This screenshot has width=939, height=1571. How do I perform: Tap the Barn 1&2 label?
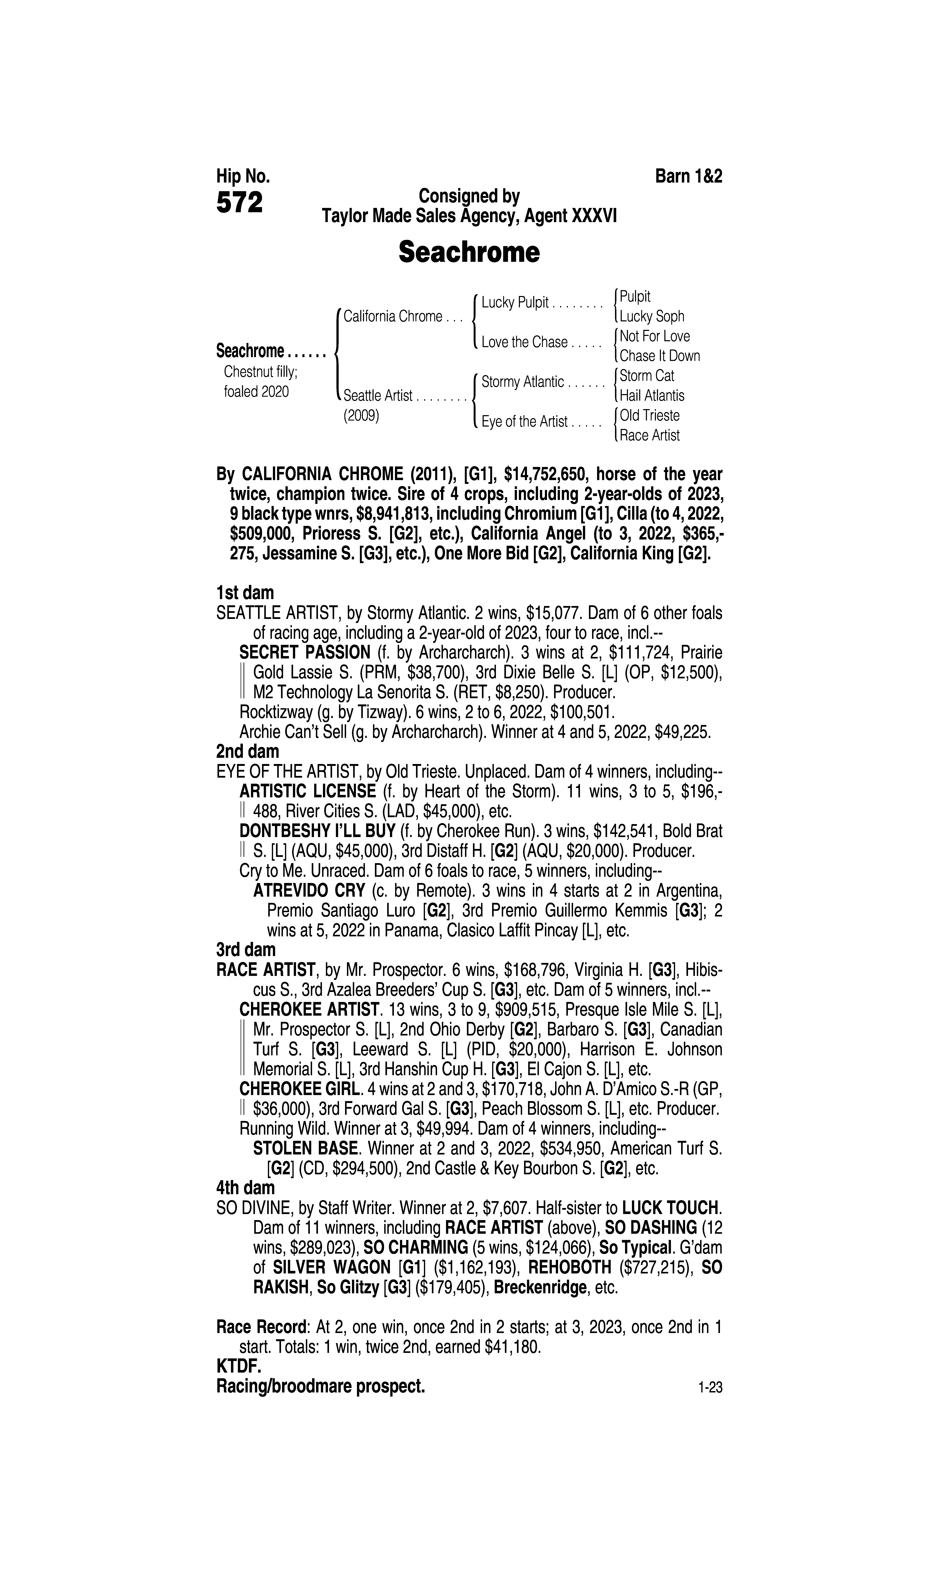click(x=688, y=176)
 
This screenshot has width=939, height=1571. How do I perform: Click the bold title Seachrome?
click(x=469, y=252)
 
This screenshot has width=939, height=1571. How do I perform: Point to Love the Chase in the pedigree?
click(x=525, y=342)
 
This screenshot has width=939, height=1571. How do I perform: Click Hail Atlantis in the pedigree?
click(x=652, y=396)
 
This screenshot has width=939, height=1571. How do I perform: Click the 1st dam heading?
click(x=245, y=593)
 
